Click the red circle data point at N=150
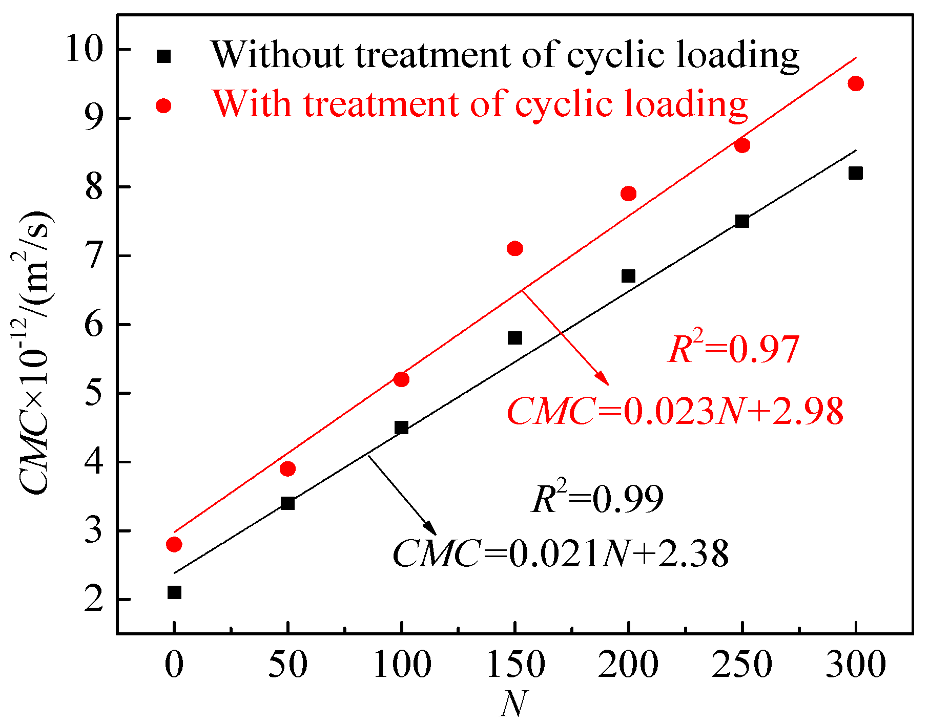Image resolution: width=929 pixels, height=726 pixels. pyautogui.click(x=515, y=248)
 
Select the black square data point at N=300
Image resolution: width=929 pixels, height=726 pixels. pyautogui.click(x=855, y=173)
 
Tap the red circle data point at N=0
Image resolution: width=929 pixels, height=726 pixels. pyautogui.click(x=174, y=544)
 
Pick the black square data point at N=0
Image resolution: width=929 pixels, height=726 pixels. pyautogui.click(x=174, y=592)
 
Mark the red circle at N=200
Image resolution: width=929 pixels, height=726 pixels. pyautogui.click(x=628, y=194)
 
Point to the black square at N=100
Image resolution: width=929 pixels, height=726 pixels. pyautogui.click(x=401, y=428)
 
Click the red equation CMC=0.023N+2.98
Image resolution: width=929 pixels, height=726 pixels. pyautogui.click(x=675, y=411)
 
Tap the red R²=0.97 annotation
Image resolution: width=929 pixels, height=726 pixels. pyautogui.click(x=733, y=350)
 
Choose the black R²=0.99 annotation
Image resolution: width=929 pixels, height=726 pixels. pyautogui.click(x=597, y=499)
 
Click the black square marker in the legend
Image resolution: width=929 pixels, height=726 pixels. pyautogui.click(x=163, y=56)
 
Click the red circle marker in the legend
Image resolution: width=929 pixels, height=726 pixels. pyautogui.click(x=163, y=105)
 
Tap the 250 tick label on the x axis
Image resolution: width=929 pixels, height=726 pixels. pyautogui.click(x=741, y=665)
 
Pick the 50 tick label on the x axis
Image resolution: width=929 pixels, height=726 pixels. pyautogui.click(x=288, y=665)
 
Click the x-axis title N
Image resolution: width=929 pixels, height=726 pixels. pyautogui.click(x=513, y=704)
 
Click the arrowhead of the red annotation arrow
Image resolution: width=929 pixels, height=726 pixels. pyautogui.click(x=605, y=381)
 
